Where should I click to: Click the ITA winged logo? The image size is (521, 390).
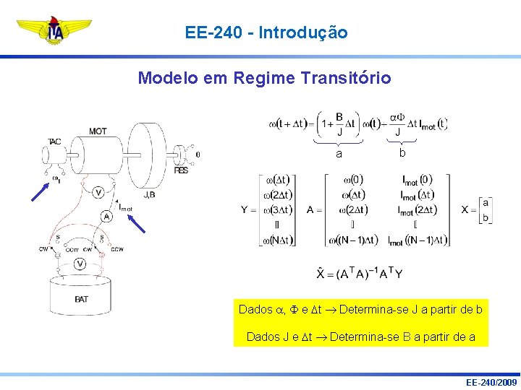(55, 30)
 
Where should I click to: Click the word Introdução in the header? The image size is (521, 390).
(302, 32)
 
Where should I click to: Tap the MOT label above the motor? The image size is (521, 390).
(98, 131)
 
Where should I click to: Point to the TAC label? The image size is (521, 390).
(55, 142)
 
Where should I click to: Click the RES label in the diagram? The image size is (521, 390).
(181, 171)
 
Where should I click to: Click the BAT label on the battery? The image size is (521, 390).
(81, 299)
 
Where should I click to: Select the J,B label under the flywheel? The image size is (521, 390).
(150, 194)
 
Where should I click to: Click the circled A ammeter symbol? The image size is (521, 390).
(106, 216)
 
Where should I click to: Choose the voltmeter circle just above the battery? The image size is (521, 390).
(80, 264)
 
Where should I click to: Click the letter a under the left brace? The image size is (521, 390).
(339, 154)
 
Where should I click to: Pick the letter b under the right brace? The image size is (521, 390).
(402, 153)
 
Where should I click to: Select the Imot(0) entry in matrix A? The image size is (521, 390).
(416, 180)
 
